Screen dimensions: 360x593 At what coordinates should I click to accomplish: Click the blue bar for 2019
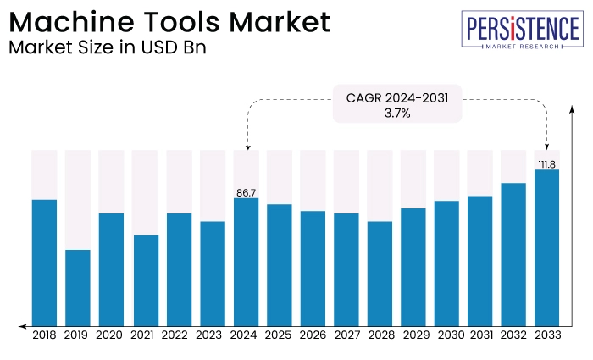pyautogui.click(x=78, y=286)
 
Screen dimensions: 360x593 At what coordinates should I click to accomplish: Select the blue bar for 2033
pyautogui.click(x=547, y=246)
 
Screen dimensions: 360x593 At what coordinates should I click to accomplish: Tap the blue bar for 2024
pyautogui.click(x=246, y=261)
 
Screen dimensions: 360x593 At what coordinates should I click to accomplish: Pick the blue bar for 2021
pyautogui.click(x=145, y=280)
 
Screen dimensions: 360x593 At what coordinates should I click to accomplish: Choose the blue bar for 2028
pyautogui.click(x=380, y=273)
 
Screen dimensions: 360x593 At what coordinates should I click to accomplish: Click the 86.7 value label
pyautogui.click(x=246, y=193)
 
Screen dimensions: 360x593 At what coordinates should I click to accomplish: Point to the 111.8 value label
pyautogui.click(x=547, y=164)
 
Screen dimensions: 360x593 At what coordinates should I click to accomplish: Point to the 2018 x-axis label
pyautogui.click(x=44, y=335)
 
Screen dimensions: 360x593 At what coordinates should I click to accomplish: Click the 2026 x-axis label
pyautogui.click(x=313, y=335)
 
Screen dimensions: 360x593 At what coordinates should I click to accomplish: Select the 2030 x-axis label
pyautogui.click(x=446, y=335)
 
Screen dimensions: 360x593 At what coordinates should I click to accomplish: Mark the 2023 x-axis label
pyautogui.click(x=212, y=335)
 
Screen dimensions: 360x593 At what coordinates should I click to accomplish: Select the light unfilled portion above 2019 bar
pyautogui.click(x=78, y=199)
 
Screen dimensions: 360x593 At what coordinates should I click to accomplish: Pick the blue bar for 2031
pyautogui.click(x=480, y=259)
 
